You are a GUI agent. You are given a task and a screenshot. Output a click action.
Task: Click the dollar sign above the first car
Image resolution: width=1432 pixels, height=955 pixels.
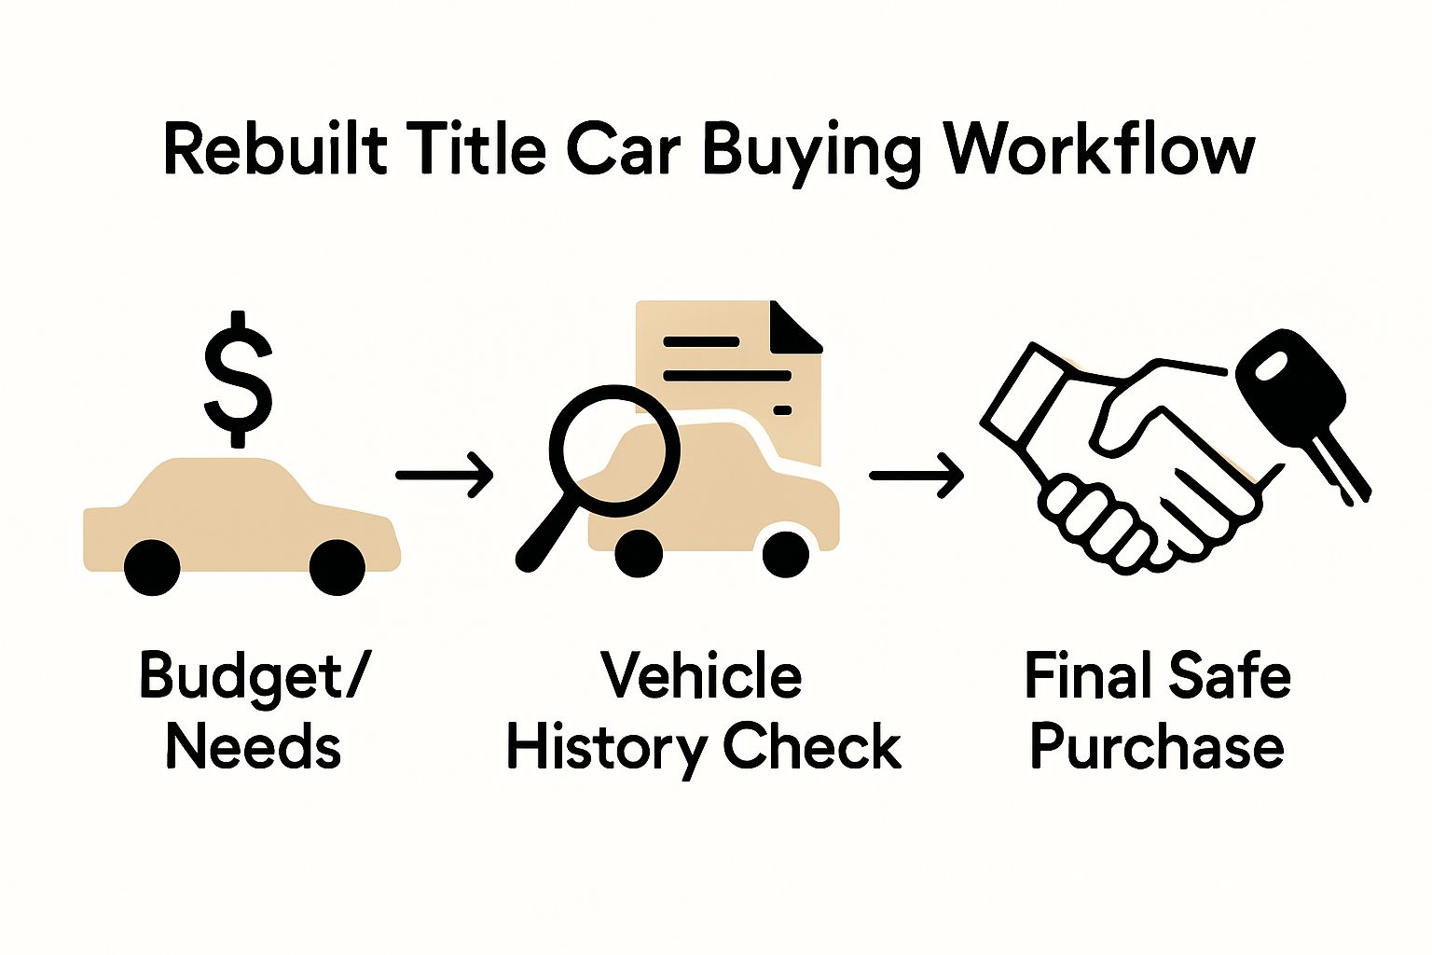pyautogui.click(x=239, y=378)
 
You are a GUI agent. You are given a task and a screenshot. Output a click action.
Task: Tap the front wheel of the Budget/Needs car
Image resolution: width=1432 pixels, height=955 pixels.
pyautogui.click(x=337, y=566)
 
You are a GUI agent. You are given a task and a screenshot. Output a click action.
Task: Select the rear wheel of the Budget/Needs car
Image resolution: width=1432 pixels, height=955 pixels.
pyautogui.click(x=151, y=566)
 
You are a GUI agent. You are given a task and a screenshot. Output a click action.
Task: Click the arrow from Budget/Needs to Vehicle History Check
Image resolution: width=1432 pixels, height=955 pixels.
pyautogui.click(x=444, y=475)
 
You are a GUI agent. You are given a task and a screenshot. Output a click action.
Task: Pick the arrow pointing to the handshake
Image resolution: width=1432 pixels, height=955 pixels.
pyautogui.click(x=916, y=475)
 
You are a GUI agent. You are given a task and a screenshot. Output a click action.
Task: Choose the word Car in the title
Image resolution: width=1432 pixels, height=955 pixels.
pyautogui.click(x=626, y=149)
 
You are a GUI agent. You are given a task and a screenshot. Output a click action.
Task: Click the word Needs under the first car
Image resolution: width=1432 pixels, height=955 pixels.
pyautogui.click(x=253, y=748)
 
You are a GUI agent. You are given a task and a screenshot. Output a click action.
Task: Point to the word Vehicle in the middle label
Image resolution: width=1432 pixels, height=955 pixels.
pyautogui.click(x=701, y=676)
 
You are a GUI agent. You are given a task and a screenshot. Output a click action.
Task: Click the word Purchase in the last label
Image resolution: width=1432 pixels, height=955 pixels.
pyautogui.click(x=1157, y=748)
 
